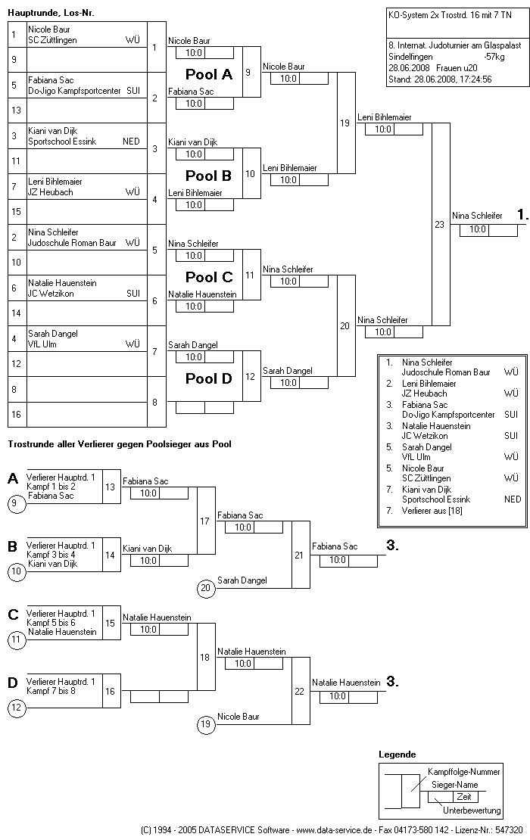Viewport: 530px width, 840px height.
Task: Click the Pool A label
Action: click(209, 75)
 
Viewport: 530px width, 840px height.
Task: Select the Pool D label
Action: click(209, 378)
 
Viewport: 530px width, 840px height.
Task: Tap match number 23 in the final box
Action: click(439, 224)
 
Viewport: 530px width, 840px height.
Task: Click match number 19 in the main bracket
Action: click(345, 123)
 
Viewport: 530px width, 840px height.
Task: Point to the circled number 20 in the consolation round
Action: click(204, 587)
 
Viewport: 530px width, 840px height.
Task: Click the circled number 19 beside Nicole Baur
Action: click(204, 725)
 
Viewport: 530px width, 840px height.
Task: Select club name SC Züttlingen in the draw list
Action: click(53, 40)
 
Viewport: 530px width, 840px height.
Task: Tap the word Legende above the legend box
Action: click(397, 754)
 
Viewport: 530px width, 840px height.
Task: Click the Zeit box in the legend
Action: click(463, 797)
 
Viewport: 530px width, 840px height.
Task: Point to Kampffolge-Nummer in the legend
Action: click(463, 772)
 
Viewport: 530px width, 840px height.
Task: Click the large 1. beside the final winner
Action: click(522, 215)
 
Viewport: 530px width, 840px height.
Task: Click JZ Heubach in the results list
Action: click(425, 394)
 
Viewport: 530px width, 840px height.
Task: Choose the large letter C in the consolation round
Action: click(13, 614)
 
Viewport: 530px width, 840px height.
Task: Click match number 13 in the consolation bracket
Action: click(111, 486)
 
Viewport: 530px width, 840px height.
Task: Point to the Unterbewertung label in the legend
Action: click(472, 810)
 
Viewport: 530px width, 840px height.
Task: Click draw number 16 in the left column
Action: click(14, 415)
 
